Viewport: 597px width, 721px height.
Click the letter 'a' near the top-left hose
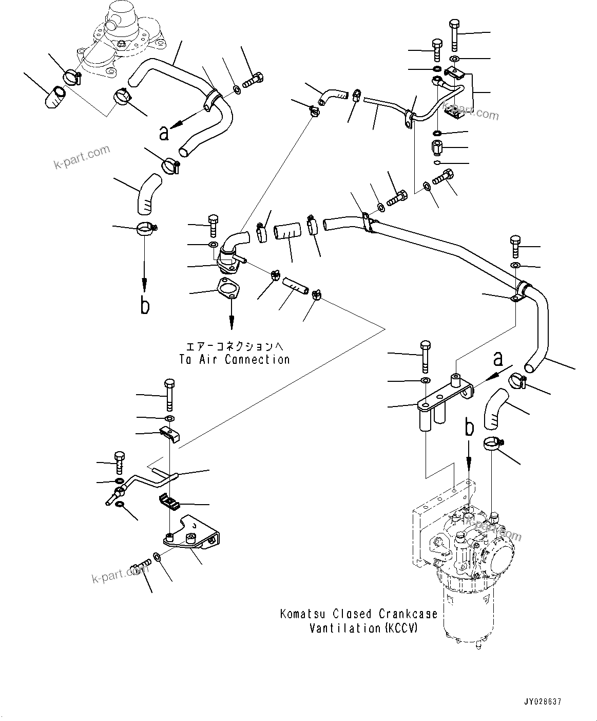164,133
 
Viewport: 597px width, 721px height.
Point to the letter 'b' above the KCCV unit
468,427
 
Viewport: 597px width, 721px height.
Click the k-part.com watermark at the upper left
82,157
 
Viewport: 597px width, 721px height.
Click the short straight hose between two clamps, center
288,231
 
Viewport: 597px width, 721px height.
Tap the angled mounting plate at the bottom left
192,537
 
